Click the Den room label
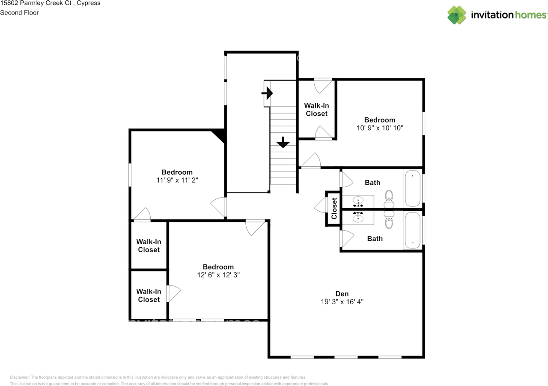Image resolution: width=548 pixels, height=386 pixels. click(x=342, y=294)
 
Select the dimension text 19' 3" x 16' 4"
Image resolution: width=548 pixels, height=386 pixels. click(x=342, y=302)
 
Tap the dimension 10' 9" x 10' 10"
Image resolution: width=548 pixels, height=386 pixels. click(x=380, y=128)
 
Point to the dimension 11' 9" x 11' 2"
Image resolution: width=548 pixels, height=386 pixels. click(x=177, y=180)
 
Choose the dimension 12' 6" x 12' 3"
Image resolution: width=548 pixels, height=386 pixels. click(x=218, y=275)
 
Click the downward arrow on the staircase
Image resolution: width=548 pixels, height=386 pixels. click(x=283, y=142)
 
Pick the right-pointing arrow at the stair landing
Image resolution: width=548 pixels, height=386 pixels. click(x=267, y=93)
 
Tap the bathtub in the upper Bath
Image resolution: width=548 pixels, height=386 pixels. click(x=413, y=188)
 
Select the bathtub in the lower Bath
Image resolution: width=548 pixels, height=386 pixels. click(x=413, y=230)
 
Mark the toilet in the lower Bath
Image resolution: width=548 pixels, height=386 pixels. click(x=389, y=219)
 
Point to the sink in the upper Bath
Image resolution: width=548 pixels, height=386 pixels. click(x=358, y=202)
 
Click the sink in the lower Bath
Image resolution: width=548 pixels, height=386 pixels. click(x=358, y=217)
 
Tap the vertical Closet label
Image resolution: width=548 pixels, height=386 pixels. click(x=334, y=208)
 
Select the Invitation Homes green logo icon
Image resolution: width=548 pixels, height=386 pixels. click(x=457, y=15)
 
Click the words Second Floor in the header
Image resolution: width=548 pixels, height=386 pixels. click(x=19, y=12)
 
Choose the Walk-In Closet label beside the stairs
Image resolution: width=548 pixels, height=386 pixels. click(x=316, y=110)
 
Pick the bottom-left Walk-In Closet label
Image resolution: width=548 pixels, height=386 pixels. click(x=149, y=296)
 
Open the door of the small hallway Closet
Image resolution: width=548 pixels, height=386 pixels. click(x=321, y=205)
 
